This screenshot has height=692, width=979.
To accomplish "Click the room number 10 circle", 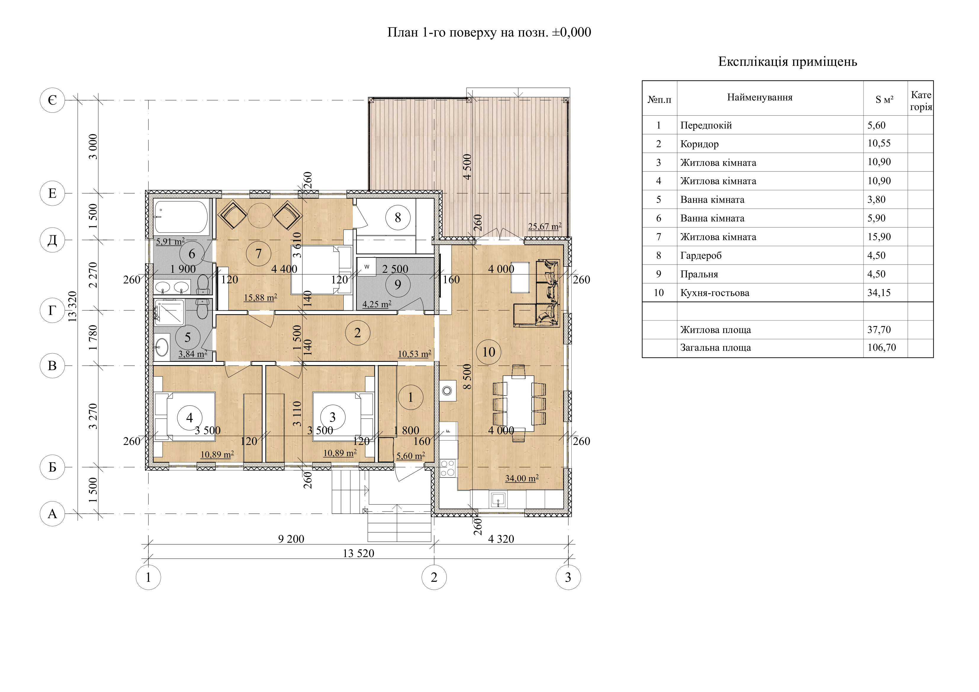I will pyautogui.click(x=489, y=352).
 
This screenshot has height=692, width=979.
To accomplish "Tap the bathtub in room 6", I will pyautogui.click(x=181, y=217).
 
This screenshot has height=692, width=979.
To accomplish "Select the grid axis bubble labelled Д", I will pyautogui.click(x=52, y=240).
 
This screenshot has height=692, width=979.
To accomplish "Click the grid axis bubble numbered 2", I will pyautogui.click(x=434, y=578).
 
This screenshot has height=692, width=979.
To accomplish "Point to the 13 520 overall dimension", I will pyautogui.click(x=358, y=553).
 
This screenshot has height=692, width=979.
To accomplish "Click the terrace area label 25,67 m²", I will pyautogui.click(x=544, y=227).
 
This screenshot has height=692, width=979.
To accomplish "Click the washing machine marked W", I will pyautogui.click(x=366, y=267).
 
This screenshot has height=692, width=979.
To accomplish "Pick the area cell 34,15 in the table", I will pyautogui.click(x=879, y=293).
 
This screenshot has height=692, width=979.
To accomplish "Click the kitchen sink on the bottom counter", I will pyautogui.click(x=498, y=499).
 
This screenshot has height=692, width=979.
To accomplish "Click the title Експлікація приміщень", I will pyautogui.click(x=787, y=62).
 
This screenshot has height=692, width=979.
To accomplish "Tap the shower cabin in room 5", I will pyautogui.click(x=170, y=313).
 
